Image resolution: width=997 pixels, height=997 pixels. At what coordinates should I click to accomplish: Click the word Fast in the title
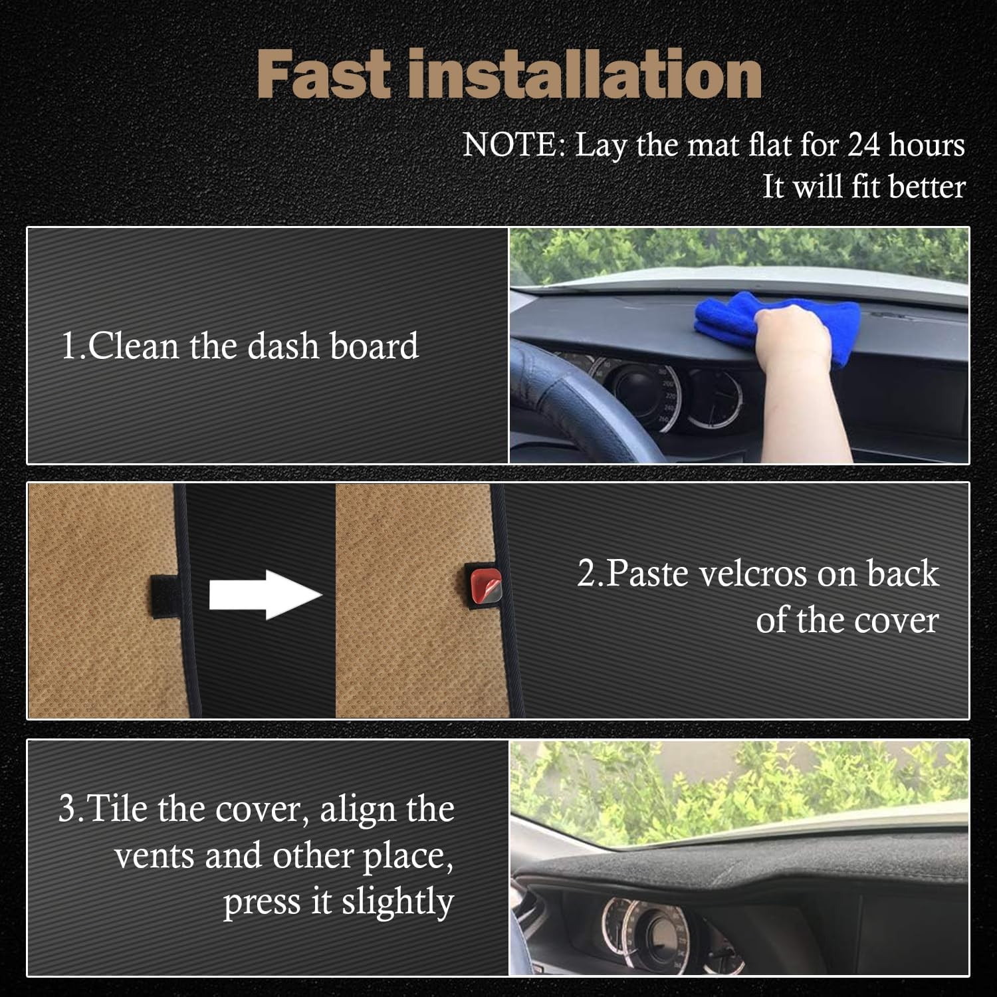point(324,74)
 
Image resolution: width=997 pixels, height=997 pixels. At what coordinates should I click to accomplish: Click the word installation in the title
point(585,74)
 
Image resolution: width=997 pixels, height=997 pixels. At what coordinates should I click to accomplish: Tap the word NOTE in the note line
point(512,145)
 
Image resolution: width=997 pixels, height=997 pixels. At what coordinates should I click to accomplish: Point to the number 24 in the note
point(863,145)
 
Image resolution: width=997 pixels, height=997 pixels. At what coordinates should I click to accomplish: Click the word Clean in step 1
point(134,346)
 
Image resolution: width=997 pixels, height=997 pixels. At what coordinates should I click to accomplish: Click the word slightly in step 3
point(397,902)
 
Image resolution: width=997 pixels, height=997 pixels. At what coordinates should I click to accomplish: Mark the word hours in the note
point(927,145)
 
